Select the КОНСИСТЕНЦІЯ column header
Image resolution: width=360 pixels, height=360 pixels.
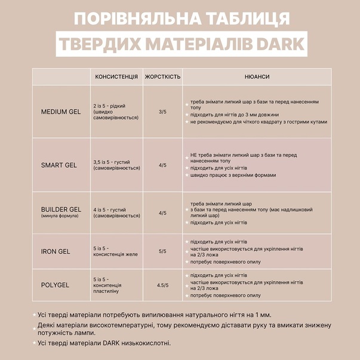[x=116, y=77]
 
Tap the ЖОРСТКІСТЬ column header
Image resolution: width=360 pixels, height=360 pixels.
[x=162, y=77]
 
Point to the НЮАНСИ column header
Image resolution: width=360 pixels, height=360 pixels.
[x=257, y=77]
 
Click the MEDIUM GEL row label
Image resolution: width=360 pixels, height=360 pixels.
[x=60, y=112]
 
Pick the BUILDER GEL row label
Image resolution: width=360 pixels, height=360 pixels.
[x=60, y=210]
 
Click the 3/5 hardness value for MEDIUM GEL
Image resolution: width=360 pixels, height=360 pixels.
[x=162, y=112]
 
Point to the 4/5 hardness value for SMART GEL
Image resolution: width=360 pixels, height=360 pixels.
[x=162, y=165]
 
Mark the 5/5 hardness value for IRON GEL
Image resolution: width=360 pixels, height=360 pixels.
[x=162, y=251]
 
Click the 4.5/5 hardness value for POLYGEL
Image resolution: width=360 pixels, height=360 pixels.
[x=162, y=285]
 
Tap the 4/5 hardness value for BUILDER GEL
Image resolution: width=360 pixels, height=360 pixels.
[x=162, y=213]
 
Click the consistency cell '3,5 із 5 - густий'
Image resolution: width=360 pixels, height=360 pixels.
[x=116, y=165]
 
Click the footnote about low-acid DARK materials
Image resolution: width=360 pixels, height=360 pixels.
[x=104, y=343]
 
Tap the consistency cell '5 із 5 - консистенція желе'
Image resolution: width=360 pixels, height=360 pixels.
[x=115, y=251]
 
